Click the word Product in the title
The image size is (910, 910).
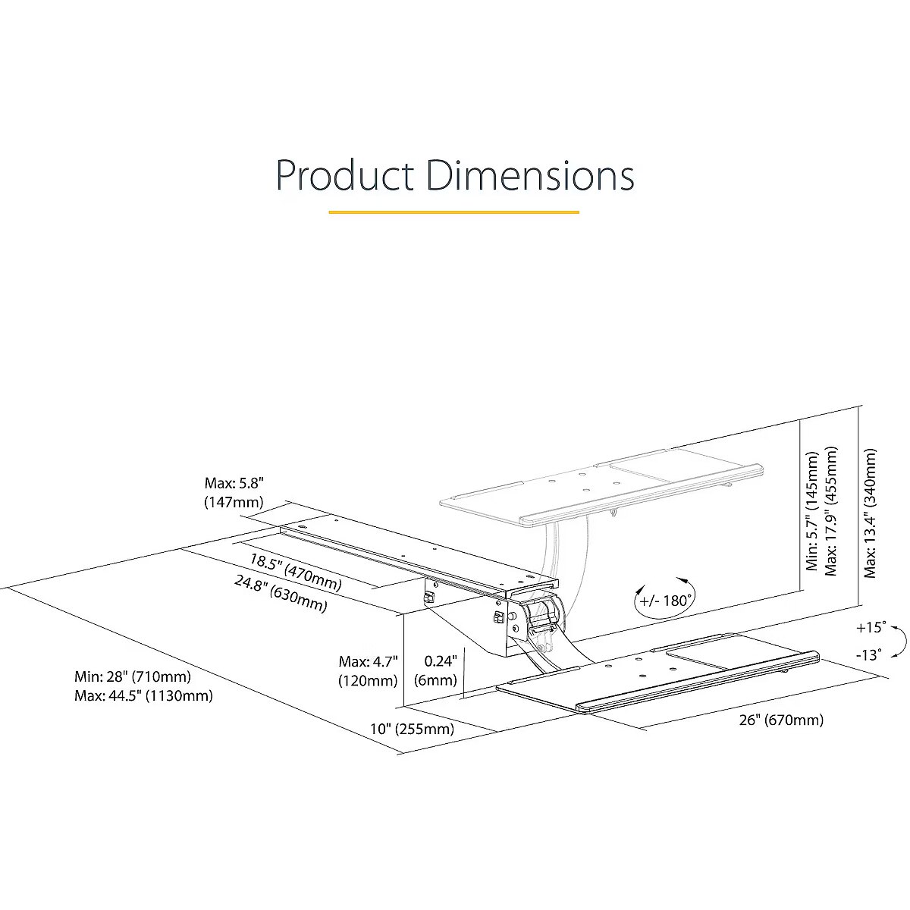(x=345, y=175)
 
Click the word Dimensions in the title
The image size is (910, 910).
(x=530, y=175)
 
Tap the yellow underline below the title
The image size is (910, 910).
(x=453, y=212)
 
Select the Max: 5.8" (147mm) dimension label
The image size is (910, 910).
(x=234, y=493)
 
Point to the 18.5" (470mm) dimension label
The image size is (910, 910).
(x=296, y=572)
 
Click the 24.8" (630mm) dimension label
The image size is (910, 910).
(x=281, y=594)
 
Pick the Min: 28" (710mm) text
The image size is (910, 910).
(x=133, y=676)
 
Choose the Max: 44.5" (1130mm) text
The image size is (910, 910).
(x=143, y=695)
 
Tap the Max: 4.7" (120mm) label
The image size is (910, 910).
(x=369, y=671)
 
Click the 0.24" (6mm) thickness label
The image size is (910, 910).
(x=435, y=670)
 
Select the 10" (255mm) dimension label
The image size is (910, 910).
(x=412, y=729)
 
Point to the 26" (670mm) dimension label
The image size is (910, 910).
(x=781, y=720)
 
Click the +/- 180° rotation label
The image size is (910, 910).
(x=665, y=601)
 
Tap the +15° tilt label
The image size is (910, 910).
(x=871, y=628)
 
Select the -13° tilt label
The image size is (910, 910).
(x=869, y=655)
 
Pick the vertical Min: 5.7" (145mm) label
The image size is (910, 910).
(x=812, y=511)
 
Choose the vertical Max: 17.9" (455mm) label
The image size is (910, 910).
(x=830, y=511)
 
